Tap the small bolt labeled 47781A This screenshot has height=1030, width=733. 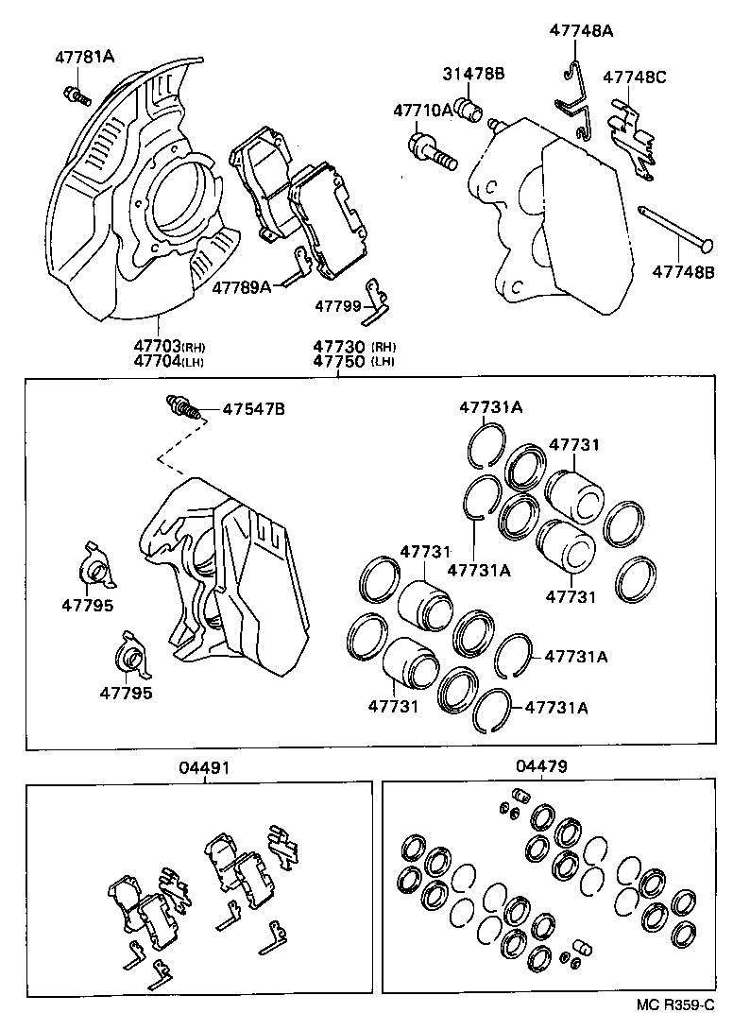click(75, 94)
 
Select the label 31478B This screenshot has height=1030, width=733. click(474, 73)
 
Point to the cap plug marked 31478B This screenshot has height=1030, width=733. click(469, 109)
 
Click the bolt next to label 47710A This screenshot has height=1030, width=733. click(432, 150)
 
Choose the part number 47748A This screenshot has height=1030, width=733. click(581, 31)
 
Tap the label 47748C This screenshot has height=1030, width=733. click(635, 77)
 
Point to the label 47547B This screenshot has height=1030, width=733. click(253, 410)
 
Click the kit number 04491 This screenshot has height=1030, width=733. click(200, 767)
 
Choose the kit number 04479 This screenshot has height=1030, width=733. click(541, 767)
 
